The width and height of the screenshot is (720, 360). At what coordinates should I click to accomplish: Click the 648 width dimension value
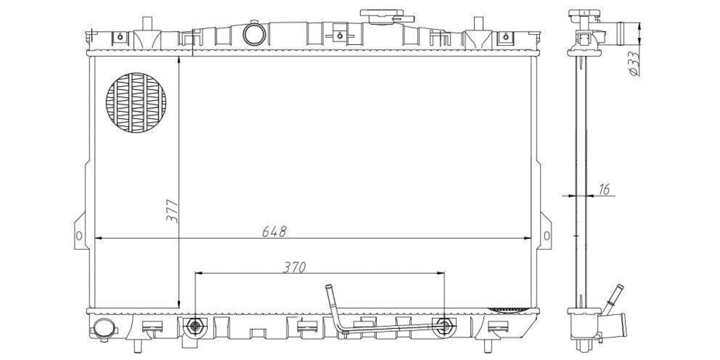(274, 231)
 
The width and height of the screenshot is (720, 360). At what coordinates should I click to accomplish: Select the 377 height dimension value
(172, 211)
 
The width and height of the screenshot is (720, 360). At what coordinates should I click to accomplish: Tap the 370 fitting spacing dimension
(294, 267)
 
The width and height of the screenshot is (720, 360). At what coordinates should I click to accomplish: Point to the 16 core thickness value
(604, 190)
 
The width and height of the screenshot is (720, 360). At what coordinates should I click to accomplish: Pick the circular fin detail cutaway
(136, 103)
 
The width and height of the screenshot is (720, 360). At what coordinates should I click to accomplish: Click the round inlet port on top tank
(254, 34)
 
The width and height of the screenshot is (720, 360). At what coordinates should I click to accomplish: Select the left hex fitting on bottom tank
(193, 326)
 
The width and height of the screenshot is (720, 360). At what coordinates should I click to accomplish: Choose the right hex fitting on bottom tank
(445, 326)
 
